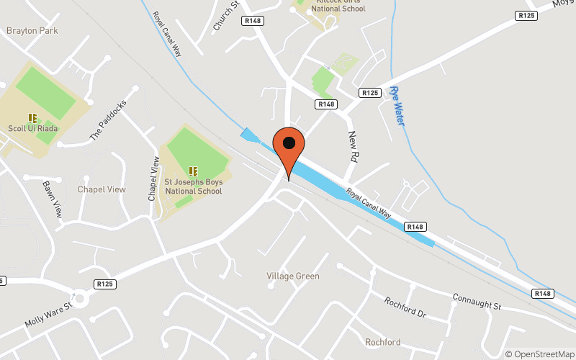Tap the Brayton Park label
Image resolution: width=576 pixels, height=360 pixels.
pyautogui.click(x=32, y=31)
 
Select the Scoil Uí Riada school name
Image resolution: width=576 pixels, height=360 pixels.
pyautogui.click(x=33, y=129)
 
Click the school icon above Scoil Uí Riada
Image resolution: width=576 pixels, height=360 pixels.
pyautogui.click(x=32, y=117)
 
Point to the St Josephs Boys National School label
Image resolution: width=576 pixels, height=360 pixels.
pyautogui.click(x=194, y=186)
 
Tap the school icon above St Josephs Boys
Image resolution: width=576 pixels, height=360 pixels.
pyautogui.click(x=193, y=171)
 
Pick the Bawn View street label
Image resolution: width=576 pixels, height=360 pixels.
pyautogui.click(x=53, y=199)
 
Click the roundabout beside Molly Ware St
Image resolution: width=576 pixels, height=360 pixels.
pyautogui.click(x=79, y=298)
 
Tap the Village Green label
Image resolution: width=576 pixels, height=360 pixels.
pyautogui.click(x=293, y=276)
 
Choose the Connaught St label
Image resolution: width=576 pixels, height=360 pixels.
pyautogui.click(x=476, y=302)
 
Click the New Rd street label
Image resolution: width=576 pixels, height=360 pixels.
pyautogui.click(x=353, y=145)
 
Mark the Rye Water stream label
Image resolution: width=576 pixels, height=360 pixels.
pyautogui.click(x=397, y=104)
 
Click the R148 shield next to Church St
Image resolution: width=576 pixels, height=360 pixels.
pyautogui.click(x=253, y=21)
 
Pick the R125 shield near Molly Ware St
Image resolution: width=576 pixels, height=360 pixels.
pyautogui.click(x=105, y=284)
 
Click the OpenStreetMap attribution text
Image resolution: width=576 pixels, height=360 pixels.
pyautogui.click(x=539, y=354)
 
